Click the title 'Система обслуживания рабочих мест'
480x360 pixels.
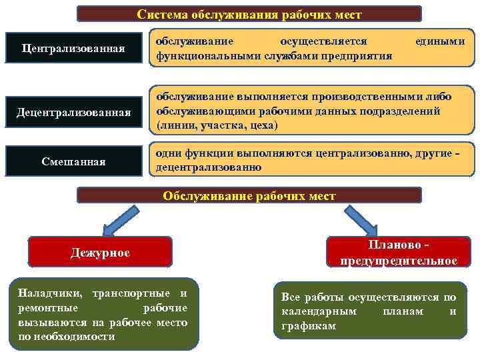click(249, 14)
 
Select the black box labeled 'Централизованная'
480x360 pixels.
click(73, 49)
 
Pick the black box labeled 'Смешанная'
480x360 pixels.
click(73, 161)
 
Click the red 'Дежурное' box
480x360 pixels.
click(100, 253)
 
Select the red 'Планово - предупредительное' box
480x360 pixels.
click(399, 253)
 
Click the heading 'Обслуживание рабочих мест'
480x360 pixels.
click(249, 195)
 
